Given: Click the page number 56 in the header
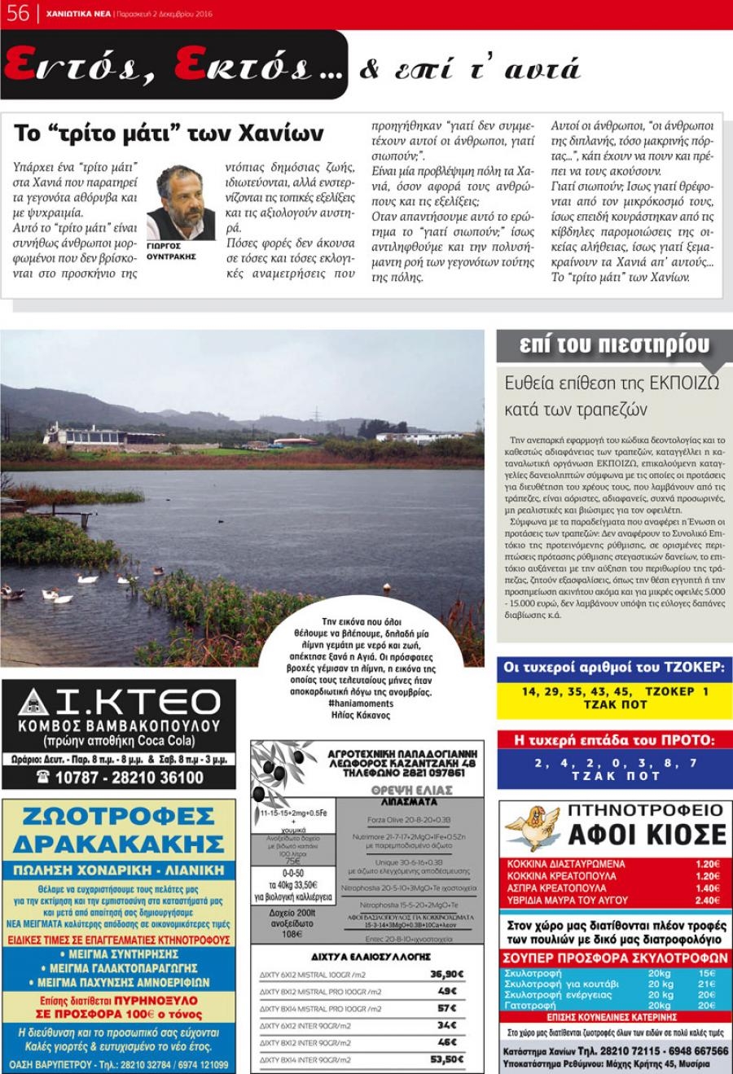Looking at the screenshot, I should point(17,13).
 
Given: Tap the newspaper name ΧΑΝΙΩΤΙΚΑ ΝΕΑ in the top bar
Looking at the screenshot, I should point(79,14).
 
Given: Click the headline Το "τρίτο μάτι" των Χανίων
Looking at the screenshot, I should point(169,133).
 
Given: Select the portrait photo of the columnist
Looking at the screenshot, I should point(180,202).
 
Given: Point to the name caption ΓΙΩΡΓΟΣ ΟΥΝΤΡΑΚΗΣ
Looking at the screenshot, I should point(171,251).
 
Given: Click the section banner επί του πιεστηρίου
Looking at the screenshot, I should point(614,344).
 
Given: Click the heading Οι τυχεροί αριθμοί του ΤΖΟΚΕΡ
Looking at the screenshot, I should point(614,668).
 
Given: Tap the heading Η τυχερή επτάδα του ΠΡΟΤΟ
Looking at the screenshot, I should point(614,740).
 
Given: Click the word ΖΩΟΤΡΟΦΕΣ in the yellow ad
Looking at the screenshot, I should point(119,817).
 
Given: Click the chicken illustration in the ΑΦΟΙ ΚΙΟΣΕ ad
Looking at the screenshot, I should point(531,827).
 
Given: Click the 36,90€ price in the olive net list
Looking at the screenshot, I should point(446,974).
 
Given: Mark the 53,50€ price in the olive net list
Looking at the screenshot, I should point(446,1059).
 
